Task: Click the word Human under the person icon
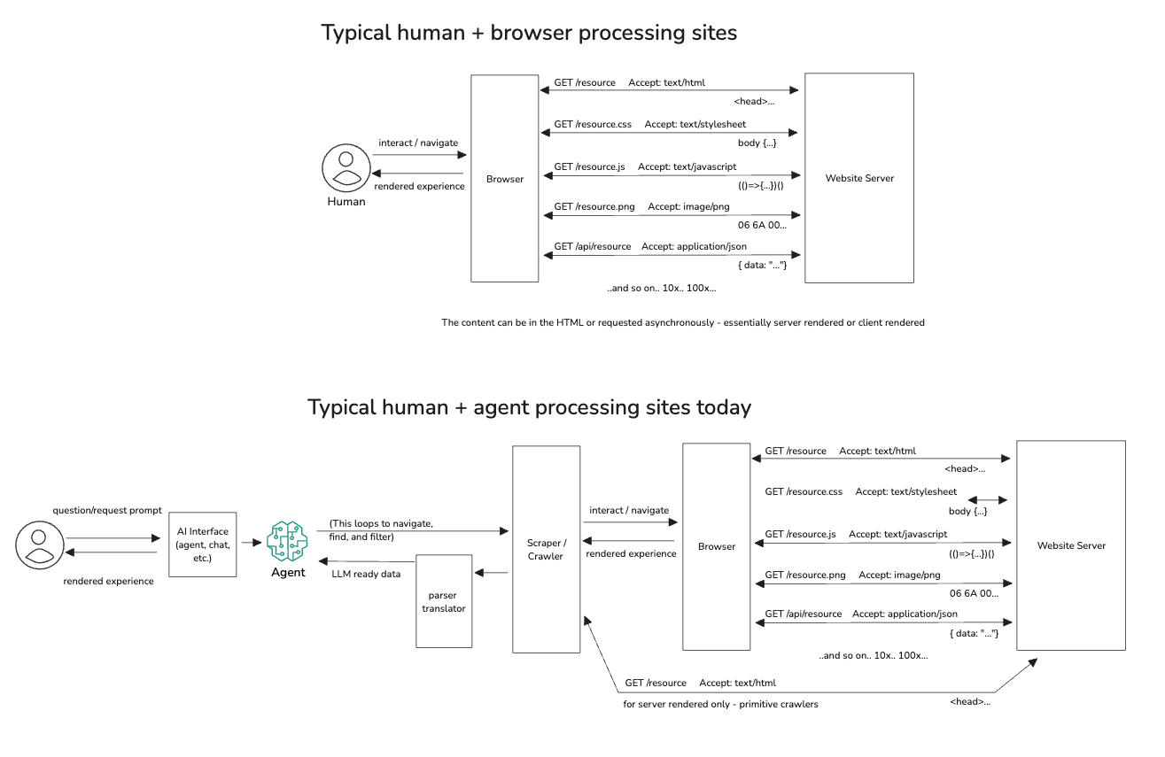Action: point(346,201)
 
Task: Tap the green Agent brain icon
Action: point(287,541)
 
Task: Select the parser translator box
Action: point(443,601)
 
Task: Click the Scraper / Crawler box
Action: point(546,549)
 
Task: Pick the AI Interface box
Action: point(202,545)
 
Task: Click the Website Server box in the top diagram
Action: point(858,178)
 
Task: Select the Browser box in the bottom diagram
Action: point(716,546)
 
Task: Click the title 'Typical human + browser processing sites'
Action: point(528,34)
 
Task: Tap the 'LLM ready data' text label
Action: point(366,574)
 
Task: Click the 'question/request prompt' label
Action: point(107,510)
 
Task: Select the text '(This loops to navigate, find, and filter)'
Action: point(381,529)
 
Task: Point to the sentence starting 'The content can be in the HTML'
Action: point(682,322)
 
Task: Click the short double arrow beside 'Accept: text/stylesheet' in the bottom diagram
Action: point(988,499)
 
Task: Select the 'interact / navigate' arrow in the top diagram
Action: point(418,156)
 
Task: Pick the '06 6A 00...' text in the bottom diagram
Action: point(974,594)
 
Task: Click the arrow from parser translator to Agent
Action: point(366,560)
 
